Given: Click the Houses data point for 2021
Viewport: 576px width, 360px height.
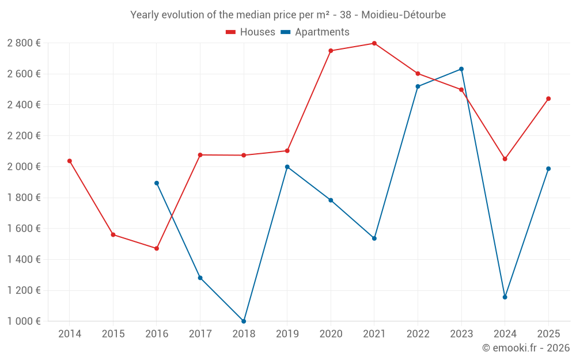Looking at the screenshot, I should point(374,43).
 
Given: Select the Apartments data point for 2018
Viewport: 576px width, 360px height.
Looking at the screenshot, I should point(244,321).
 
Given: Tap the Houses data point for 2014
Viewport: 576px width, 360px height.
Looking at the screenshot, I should point(70,161).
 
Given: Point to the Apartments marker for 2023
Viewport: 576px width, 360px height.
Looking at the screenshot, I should point(461,69).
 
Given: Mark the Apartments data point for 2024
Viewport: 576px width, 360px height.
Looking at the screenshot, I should point(505,297).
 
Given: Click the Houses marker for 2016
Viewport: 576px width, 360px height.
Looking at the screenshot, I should point(157,248).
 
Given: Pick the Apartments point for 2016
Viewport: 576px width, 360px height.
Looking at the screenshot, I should point(157,183).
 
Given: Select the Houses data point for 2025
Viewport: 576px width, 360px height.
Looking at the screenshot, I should point(548,98).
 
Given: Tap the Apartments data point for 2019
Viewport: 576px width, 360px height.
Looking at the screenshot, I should point(287,167).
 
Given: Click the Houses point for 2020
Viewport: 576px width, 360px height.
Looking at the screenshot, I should point(331,51).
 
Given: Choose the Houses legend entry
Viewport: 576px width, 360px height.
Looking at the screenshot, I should point(251,32).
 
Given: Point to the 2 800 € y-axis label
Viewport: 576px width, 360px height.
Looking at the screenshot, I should point(24,43).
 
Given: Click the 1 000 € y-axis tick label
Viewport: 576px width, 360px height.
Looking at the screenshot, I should point(24,321).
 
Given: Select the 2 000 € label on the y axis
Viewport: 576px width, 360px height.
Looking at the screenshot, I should point(24,166).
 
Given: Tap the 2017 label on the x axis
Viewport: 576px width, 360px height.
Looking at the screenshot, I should point(200,334).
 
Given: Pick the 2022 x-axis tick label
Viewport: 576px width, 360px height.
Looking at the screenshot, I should point(418,334).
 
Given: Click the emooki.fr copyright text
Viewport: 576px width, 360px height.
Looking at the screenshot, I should point(526,348).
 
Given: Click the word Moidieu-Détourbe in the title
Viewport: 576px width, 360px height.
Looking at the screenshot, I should point(403,15).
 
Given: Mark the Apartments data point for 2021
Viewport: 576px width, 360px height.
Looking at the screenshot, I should point(374,238).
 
